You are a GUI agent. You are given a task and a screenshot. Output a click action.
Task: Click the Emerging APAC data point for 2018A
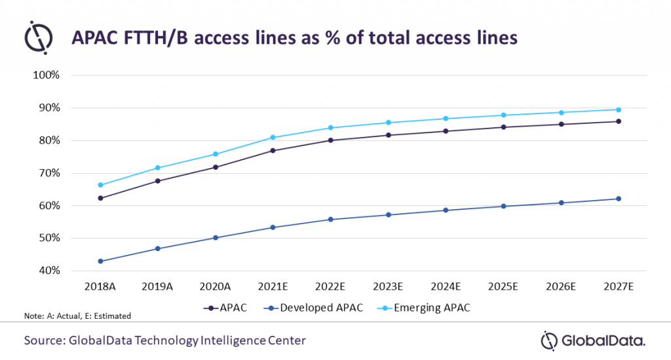100,185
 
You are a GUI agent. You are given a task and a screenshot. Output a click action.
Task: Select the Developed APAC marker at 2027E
618,199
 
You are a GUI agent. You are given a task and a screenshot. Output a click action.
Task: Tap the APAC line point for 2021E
273,151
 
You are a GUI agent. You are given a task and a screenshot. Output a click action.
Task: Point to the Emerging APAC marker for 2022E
330,128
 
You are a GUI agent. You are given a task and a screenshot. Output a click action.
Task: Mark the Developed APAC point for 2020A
215,237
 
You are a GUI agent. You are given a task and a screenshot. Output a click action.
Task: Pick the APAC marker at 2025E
503,127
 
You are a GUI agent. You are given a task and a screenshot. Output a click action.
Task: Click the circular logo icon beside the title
39,37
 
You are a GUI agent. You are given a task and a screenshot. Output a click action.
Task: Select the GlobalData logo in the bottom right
593,340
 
